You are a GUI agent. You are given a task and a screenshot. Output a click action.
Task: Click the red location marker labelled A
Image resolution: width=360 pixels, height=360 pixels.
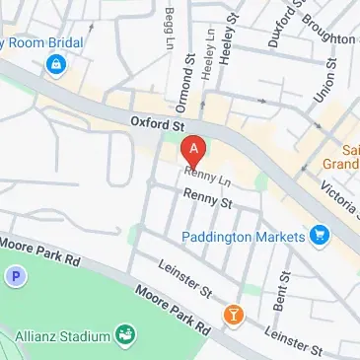tap(195, 153)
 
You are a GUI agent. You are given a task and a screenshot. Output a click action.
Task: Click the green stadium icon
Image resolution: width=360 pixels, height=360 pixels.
tap(125, 337)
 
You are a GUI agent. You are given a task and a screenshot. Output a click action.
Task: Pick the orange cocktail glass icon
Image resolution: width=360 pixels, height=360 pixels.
tap(233, 316)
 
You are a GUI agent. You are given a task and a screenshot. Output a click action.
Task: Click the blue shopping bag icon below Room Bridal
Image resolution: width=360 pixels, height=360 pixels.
tap(57, 65)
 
